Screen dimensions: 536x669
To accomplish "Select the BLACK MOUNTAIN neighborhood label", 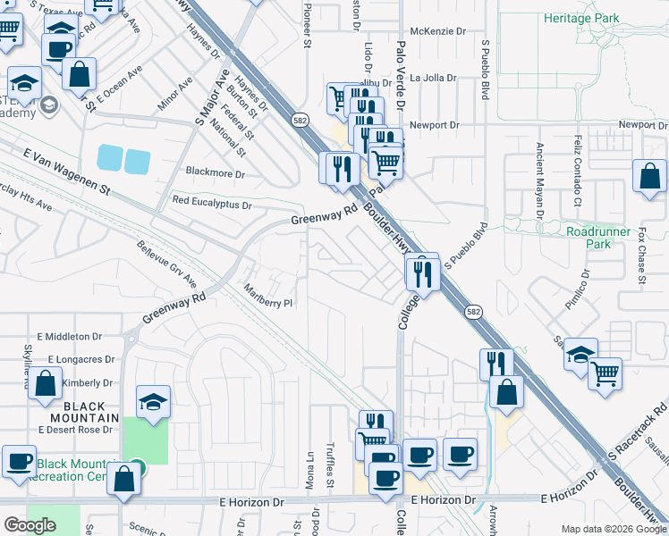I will click(78, 411).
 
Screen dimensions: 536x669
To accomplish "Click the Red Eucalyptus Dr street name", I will click(212, 205).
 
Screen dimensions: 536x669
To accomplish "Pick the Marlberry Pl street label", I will click(269, 296).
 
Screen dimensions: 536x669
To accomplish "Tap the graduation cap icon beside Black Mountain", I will click(153, 402).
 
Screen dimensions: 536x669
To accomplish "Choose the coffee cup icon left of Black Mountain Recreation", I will click(19, 462).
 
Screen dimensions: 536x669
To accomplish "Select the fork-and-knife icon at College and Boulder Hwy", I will click(422, 272).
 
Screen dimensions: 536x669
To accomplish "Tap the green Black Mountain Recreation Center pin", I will click(136, 466).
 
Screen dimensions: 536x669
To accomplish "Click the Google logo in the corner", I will click(30, 525).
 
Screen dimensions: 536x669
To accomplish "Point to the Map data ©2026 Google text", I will click(614, 529).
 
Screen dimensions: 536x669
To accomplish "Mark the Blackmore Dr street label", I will click(214, 172).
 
